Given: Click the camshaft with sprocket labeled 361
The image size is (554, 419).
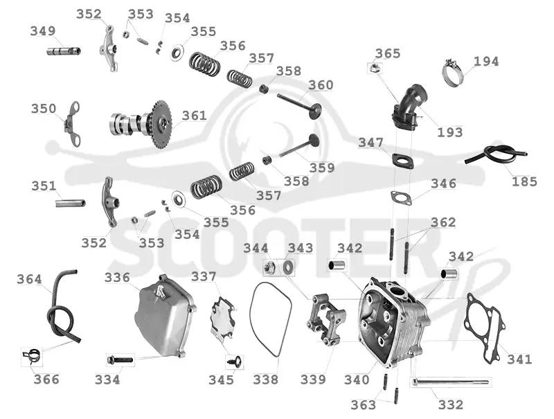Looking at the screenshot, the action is pos(141,124).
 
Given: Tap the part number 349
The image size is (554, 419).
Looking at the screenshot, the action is pos(43,31).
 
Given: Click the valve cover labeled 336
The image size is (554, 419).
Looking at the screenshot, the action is pos(165,316).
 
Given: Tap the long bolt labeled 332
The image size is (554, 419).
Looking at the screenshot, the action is pos(449,382).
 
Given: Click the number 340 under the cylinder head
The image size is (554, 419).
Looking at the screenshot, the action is pos(357,380).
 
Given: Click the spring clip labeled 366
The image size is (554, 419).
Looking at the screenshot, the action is pos(32,356).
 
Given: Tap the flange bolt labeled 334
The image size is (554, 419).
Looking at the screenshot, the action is pos(120,360).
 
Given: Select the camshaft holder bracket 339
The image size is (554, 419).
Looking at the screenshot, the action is pos(325,319).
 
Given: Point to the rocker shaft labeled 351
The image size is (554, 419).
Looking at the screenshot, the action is pos(71,203).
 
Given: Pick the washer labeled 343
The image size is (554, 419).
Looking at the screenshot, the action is pos(288,268).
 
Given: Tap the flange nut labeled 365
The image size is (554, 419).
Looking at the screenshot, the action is pos(375,67).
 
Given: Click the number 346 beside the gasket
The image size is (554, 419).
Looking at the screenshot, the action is pos(443,184).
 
